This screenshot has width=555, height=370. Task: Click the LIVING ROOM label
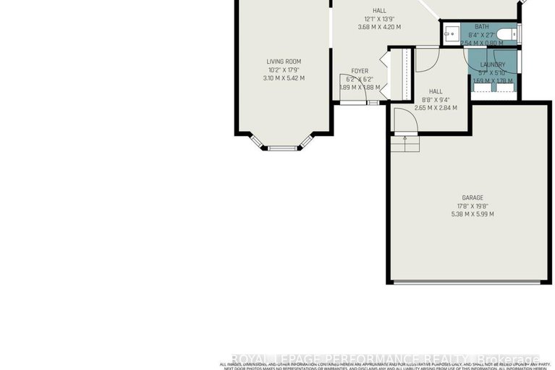284,62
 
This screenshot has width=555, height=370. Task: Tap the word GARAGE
473,198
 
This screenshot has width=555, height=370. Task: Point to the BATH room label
481,27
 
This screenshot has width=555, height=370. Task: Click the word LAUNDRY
493,64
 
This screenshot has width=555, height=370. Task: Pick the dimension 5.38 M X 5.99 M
473,214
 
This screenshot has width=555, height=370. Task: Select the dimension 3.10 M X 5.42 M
284,78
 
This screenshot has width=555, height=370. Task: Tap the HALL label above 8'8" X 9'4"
436,91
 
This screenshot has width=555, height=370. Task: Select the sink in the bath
451,33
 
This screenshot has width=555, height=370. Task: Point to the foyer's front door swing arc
346,83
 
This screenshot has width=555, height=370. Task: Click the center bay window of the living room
283,148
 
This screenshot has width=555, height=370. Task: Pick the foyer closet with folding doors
403,72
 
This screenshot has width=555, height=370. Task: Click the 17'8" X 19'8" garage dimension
473,206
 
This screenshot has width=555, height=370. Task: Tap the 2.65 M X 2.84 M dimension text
436,108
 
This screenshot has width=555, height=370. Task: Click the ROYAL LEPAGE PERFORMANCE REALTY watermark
384,359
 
